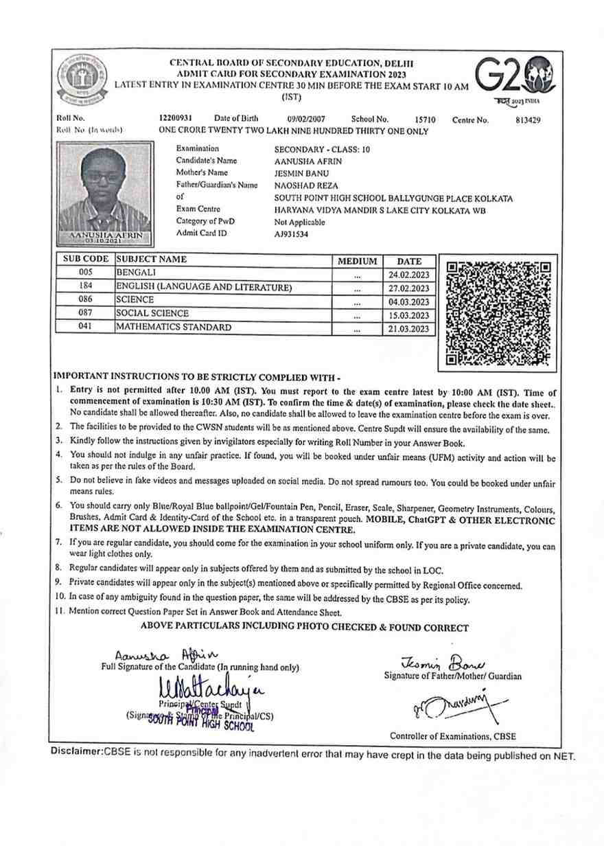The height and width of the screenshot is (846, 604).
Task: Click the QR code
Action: tap(498, 311)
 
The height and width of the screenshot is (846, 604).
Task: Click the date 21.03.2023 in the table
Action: tap(409, 328)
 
